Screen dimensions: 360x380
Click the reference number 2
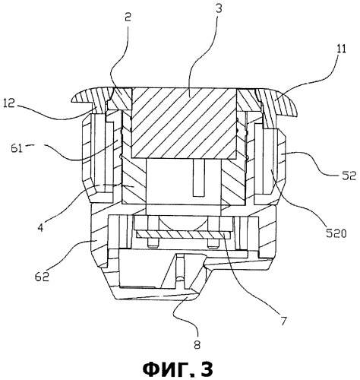pos(128,17)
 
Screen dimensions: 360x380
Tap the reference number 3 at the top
pos(219,8)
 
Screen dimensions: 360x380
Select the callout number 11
pos(341,49)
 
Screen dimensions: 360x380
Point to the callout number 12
pos(9,103)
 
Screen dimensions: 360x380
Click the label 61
pos(17,147)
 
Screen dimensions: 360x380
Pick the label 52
pos(349,176)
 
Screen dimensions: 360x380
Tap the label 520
pos(336,233)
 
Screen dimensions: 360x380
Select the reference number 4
pos(41,227)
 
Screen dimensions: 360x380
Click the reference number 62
pos(42,277)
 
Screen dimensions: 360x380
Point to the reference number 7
pos(283,321)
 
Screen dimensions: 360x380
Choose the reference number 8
pos(197,344)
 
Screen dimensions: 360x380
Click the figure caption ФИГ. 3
pos(178,369)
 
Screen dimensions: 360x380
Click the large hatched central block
pos(184,123)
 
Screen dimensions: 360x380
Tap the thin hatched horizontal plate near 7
pos(183,236)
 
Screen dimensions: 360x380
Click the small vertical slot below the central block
pos(198,178)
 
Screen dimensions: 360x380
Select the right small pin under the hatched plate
pos(213,243)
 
